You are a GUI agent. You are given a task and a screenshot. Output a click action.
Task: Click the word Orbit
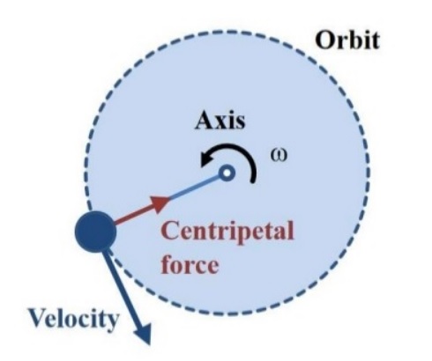(347, 40)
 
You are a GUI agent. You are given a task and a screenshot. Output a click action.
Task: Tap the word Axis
(220, 121)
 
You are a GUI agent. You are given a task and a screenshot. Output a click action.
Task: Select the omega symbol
(279, 156)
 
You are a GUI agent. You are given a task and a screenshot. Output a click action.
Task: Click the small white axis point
(227, 173)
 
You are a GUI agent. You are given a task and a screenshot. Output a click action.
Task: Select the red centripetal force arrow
(142, 210)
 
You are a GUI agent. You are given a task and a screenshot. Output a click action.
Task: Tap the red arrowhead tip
(170, 198)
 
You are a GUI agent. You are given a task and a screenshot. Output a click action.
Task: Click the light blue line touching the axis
(196, 187)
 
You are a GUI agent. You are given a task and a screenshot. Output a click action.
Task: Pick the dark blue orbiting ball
(95, 232)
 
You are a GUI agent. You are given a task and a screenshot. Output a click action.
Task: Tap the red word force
(190, 263)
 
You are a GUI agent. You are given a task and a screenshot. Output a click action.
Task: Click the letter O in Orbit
(324, 41)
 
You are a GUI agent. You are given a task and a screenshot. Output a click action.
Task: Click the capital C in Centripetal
(171, 231)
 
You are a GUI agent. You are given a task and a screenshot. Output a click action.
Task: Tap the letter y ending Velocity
(111, 323)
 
